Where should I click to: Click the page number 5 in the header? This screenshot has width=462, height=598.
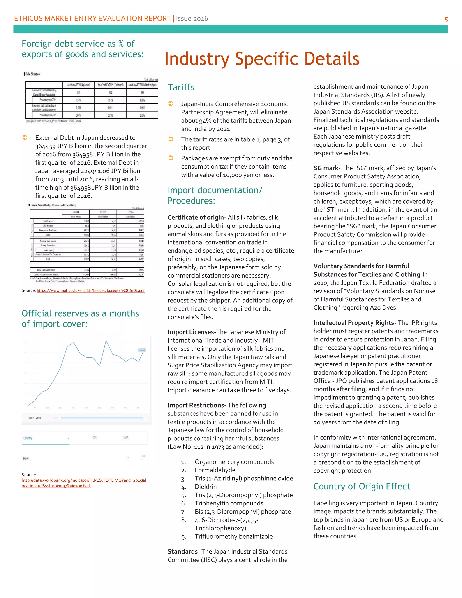point(446,20)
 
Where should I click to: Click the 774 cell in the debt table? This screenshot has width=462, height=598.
point(78,92)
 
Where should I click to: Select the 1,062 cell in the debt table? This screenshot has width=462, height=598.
point(142,108)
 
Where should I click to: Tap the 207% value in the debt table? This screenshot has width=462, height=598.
point(110,115)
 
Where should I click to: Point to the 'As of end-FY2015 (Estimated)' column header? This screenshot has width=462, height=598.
point(110,85)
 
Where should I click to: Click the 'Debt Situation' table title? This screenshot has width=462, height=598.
point(32,74)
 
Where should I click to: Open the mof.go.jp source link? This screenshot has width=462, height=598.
point(91,290)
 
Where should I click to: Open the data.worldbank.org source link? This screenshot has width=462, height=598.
point(84,483)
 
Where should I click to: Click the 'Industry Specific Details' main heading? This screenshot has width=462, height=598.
point(262,59)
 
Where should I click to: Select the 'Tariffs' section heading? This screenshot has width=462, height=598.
point(181,87)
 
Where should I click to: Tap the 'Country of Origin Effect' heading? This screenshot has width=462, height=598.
point(362,486)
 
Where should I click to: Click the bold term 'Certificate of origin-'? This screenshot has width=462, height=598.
point(196,217)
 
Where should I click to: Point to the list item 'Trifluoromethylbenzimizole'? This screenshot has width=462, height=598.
point(233,536)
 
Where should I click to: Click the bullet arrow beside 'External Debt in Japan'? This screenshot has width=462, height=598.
point(25,137)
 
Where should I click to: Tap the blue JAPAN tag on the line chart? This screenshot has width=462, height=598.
point(142,350)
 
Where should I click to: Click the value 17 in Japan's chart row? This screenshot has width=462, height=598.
point(127,458)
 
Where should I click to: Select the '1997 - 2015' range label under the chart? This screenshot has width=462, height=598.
point(35,418)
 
